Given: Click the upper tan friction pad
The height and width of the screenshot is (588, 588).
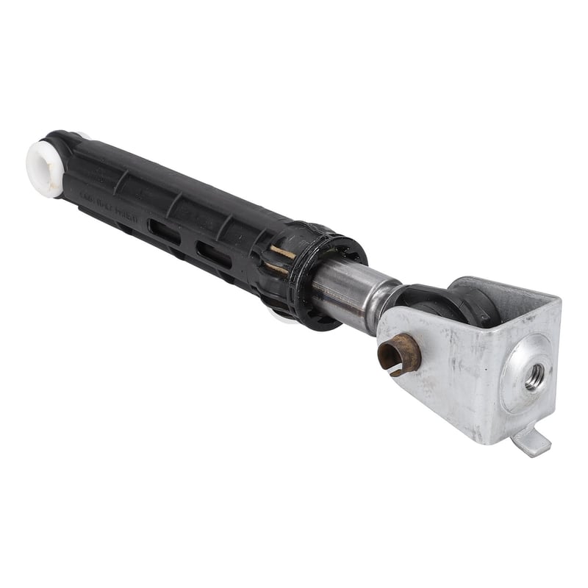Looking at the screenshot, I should tap(283, 253).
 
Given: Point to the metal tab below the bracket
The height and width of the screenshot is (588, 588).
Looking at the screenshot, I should tap(531, 442).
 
